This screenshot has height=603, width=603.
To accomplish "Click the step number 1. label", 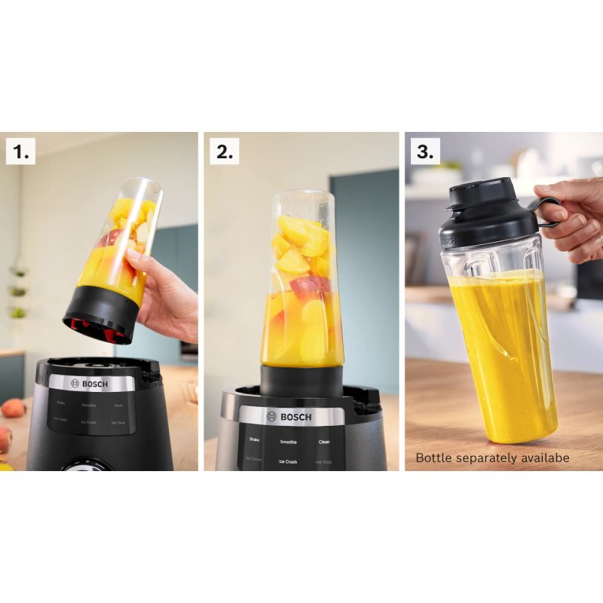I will (20, 152).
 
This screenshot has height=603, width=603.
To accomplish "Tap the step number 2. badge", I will (224, 152).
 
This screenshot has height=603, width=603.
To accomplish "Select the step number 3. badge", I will (425, 152).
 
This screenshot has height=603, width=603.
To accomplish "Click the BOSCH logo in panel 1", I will (90, 384).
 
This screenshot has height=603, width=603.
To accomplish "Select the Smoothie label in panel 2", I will (288, 442).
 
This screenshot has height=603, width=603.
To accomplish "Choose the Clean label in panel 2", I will (324, 442).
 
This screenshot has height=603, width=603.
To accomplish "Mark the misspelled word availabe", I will (543, 458).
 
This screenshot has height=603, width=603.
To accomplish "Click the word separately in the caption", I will (485, 458).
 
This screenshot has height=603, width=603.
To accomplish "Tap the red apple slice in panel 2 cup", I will (309, 286).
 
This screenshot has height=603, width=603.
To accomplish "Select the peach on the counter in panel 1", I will (13, 408).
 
